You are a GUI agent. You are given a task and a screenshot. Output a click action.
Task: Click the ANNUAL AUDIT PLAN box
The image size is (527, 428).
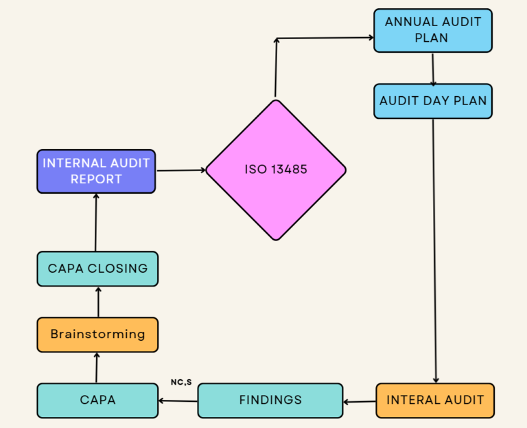pyautogui.click(x=432, y=30)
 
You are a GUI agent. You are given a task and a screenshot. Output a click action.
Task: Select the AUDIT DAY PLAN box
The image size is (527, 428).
pyautogui.click(x=432, y=101)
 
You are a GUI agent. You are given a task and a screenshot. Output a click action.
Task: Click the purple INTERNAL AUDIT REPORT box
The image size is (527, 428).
pyautogui.click(x=96, y=171)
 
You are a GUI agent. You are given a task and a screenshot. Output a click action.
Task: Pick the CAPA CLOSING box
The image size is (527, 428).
pyautogui.click(x=97, y=268)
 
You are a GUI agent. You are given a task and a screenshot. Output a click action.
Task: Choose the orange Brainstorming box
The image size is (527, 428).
pyautogui.click(x=97, y=335)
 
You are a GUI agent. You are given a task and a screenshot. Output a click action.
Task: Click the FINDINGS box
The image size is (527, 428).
pyautogui.click(x=270, y=400)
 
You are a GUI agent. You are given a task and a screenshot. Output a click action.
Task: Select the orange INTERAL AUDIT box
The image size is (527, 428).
pyautogui.click(x=434, y=400)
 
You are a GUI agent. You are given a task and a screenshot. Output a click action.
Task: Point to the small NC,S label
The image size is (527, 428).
pyautogui.click(x=181, y=382)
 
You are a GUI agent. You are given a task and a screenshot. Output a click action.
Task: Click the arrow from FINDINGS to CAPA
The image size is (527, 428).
pyautogui.click(x=178, y=401)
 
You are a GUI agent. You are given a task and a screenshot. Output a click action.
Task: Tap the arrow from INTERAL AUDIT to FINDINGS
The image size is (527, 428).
pyautogui.click(x=359, y=401)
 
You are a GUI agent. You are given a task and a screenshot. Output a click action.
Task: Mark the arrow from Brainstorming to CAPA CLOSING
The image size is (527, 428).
pyautogui.click(x=98, y=302)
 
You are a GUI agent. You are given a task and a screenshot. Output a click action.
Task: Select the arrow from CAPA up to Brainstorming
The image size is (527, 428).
pyautogui.click(x=97, y=368)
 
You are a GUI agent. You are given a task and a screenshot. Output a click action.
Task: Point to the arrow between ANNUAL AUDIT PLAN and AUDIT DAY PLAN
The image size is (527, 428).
pyautogui.click(x=433, y=68)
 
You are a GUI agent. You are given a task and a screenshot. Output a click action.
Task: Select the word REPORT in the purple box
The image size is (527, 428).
pyautogui.click(x=96, y=179)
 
